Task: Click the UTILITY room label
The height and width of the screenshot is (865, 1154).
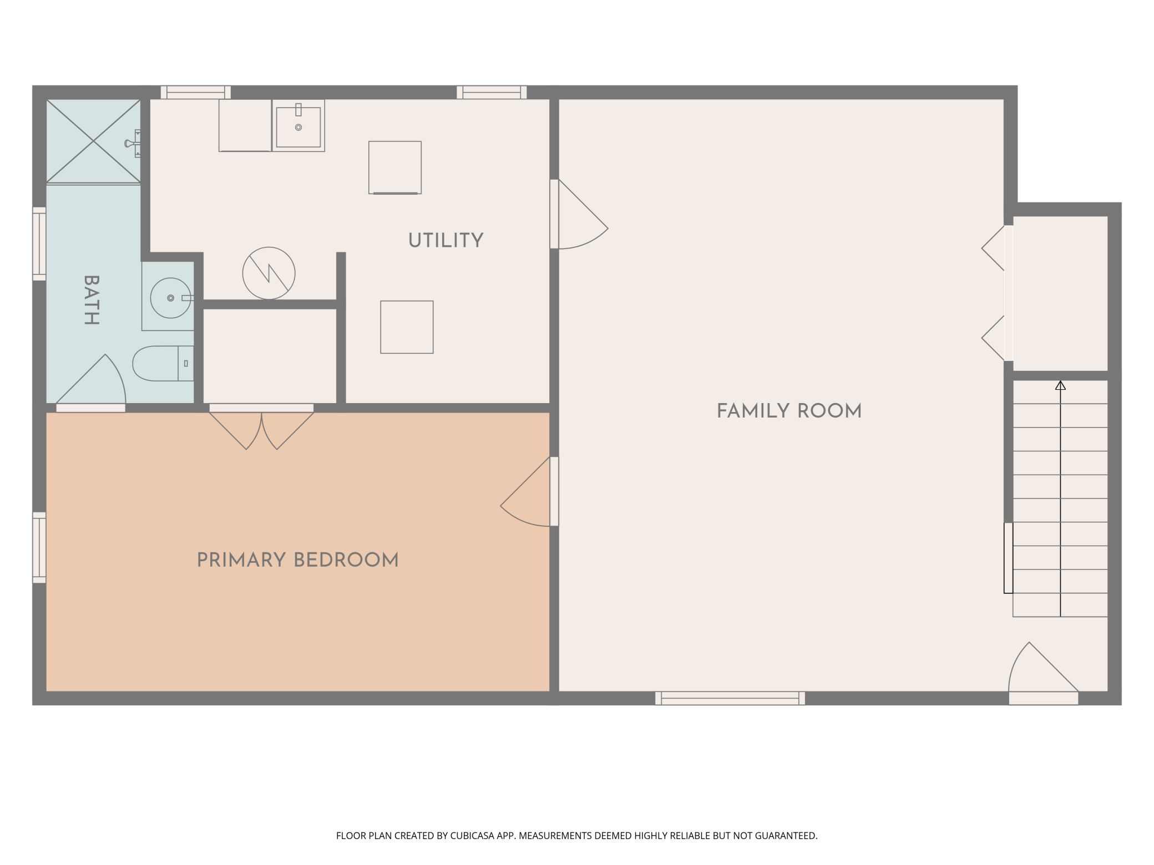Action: tap(446, 240)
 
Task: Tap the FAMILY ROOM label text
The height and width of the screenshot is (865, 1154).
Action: tap(788, 411)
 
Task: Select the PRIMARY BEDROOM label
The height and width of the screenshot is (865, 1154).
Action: tap(297, 560)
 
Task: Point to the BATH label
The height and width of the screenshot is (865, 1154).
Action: tap(92, 299)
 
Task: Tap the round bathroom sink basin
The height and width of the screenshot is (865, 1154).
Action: tap(170, 298)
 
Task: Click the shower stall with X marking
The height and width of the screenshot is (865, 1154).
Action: tap(93, 141)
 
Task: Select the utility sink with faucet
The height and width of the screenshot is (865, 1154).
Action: tap(298, 126)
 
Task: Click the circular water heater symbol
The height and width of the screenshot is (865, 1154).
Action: tap(269, 273)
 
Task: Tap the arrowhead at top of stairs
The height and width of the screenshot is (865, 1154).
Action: tap(1060, 385)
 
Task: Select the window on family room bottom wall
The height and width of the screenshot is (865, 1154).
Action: tap(730, 698)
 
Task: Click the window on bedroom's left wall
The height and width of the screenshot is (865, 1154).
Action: tap(39, 547)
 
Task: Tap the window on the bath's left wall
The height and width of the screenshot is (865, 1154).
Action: tap(39, 243)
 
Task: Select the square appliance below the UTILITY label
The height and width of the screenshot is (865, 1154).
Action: tap(407, 327)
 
